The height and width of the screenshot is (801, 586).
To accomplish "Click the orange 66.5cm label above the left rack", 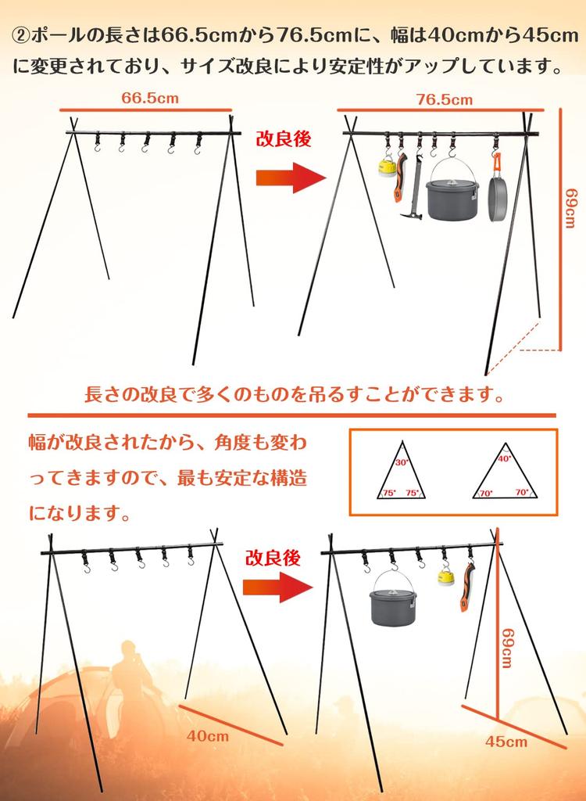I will click(x=150, y=98).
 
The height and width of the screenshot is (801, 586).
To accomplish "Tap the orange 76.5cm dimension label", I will click(x=444, y=99).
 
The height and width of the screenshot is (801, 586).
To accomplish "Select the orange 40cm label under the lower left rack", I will click(x=208, y=735).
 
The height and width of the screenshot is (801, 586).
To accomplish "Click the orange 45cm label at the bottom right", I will click(x=506, y=741).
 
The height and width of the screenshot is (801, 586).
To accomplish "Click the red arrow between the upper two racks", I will click(x=290, y=178).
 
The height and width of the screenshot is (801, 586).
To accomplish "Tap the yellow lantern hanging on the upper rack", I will click(x=386, y=167).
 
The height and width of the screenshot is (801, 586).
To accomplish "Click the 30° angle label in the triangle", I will click(x=402, y=462).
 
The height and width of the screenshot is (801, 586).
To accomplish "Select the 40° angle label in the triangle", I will click(x=504, y=460).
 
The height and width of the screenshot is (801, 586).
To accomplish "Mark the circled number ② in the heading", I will click(x=20, y=35).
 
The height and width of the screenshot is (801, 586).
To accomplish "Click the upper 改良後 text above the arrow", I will click(x=284, y=138).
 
